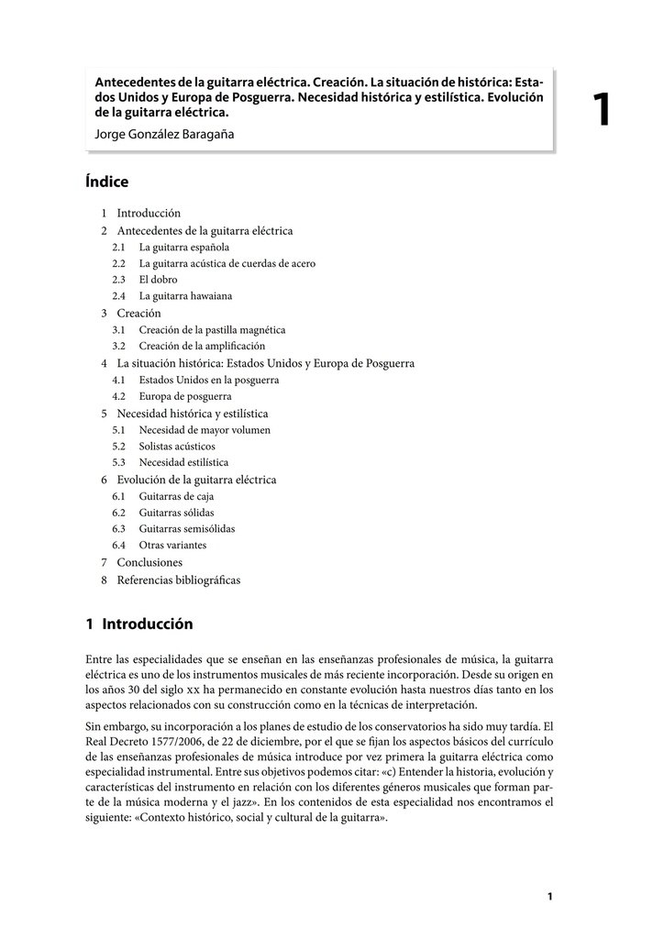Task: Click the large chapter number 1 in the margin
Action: pyautogui.click(x=602, y=110)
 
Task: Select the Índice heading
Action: pyautogui.click(x=107, y=182)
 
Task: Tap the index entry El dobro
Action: pyautogui.click(x=158, y=280)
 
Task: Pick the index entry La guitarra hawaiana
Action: pyautogui.click(x=185, y=296)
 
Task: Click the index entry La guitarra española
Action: pyautogui.click(x=183, y=247)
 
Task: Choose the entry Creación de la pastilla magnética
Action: pyautogui.click(x=212, y=329)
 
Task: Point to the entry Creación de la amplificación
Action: pyautogui.click(x=202, y=346)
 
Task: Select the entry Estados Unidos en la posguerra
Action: pyautogui.click(x=208, y=380)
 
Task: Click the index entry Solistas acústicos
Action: pyautogui.click(x=177, y=446)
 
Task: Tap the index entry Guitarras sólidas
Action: pyautogui.click(x=176, y=513)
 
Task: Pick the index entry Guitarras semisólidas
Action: pyautogui.click(x=186, y=529)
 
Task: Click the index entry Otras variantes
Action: pyautogui.click(x=172, y=546)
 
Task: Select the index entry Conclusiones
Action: pyautogui.click(x=149, y=562)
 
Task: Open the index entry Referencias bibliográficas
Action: pyautogui.click(x=178, y=580)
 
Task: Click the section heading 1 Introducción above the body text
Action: pyautogui.click(x=139, y=624)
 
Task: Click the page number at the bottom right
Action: pyautogui.click(x=549, y=896)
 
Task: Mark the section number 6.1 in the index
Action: pyautogui.click(x=119, y=496)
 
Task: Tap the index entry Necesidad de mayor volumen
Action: pyautogui.click(x=205, y=429)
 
